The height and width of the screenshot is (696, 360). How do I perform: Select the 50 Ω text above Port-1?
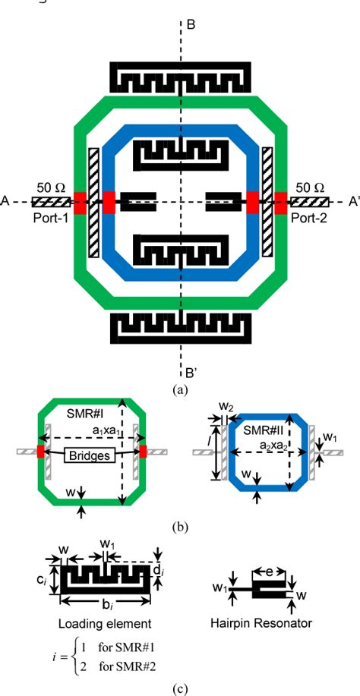click(51, 187)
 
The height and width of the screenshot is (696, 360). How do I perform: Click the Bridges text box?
click(88, 456)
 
